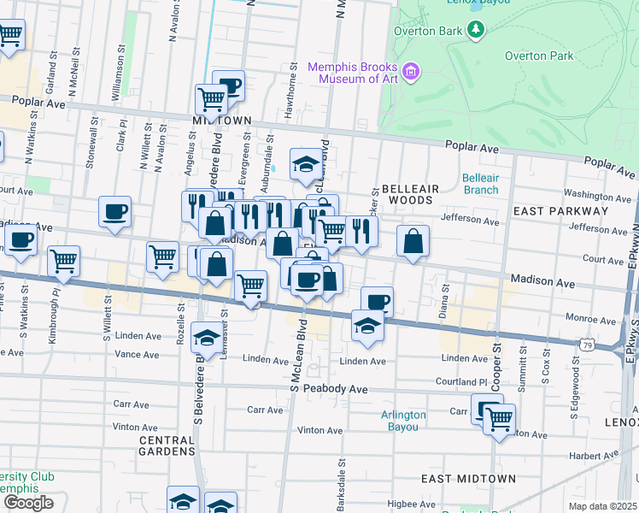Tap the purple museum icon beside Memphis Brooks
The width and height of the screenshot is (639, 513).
[412, 71]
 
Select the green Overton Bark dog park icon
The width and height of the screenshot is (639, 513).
[476, 32]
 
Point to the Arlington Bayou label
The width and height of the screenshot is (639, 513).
[402, 421]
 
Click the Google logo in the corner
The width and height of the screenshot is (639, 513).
[27, 503]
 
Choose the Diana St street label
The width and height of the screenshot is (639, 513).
[445, 300]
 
